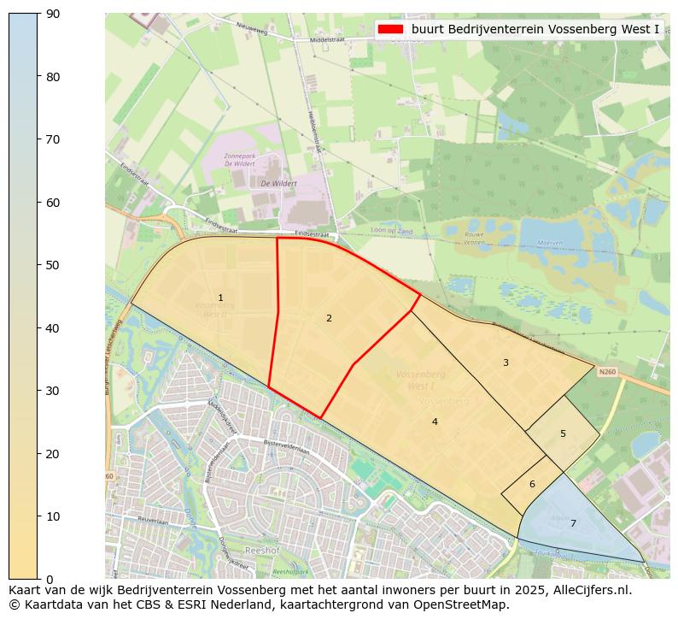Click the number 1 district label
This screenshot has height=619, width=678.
(220, 298)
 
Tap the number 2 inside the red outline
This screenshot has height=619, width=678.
(329, 318)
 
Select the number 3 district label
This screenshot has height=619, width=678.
(506, 363)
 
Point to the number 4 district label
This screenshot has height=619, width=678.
(435, 422)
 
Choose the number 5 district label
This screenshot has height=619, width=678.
(563, 433)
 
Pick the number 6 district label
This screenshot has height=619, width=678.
(532, 484)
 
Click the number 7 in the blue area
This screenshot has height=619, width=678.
(573, 523)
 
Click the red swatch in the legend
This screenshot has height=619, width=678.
(390, 29)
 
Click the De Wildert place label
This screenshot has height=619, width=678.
(278, 183)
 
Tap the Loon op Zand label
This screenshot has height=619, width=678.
(391, 231)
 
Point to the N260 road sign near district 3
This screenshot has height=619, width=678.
(607, 372)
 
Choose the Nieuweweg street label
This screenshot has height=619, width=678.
(252, 31)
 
